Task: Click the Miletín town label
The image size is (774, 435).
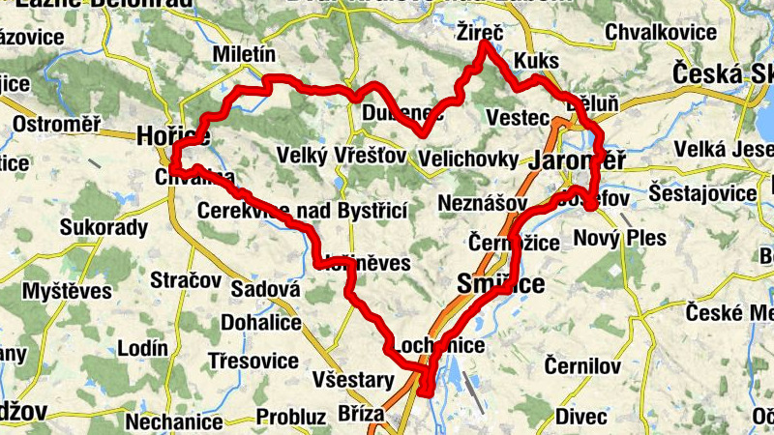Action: tap(244, 54)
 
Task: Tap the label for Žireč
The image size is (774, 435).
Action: tap(480, 34)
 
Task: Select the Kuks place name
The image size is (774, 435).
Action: tap(538, 61)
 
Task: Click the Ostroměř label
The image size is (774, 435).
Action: tap(57, 125)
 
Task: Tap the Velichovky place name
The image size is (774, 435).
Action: tap(472, 158)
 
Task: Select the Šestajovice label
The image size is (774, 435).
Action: tap(703, 193)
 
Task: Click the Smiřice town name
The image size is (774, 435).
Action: tap(500, 283)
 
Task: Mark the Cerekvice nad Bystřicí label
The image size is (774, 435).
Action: tap(301, 210)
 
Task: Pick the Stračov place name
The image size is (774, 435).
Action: tap(186, 280)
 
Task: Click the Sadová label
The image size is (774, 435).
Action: tap(262, 290)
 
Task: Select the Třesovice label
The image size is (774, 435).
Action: tap(253, 361)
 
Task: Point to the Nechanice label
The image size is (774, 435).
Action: tap(174, 421)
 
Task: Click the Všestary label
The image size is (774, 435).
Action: tap(353, 380)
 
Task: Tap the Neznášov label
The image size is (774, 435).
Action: tap(482, 204)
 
